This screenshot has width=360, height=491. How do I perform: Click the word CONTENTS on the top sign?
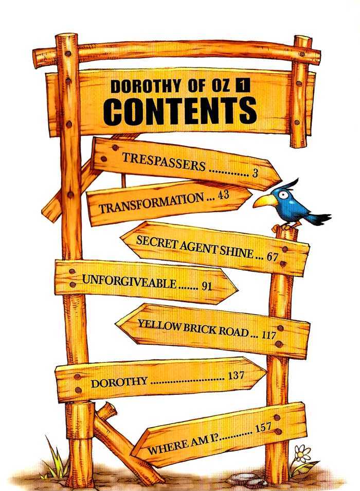180,111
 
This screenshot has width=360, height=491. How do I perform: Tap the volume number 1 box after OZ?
244,86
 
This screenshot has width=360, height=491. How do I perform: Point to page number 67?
272,257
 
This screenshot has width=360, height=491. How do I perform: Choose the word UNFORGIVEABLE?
129,280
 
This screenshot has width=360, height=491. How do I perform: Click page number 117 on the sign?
268,335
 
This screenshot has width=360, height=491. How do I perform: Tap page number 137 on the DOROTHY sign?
236,375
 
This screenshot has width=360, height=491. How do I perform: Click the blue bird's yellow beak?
265,201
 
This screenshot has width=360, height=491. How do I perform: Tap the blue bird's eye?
282,195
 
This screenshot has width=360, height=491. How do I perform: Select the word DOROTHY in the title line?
146,86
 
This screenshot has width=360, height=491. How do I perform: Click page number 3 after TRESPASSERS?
255,173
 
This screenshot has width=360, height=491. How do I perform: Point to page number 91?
207,286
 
